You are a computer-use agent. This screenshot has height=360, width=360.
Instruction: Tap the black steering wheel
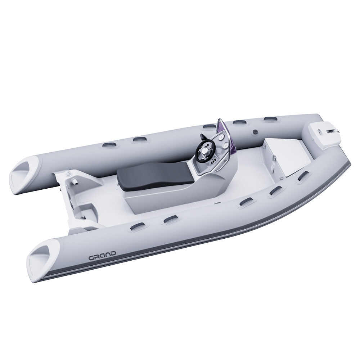tap(204, 149)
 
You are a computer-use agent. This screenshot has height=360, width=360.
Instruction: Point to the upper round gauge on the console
tap(221, 138)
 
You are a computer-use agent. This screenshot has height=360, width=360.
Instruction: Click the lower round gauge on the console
tap(226, 146)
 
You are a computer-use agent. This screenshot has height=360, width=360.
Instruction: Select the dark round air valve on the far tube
tap(255, 132)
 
